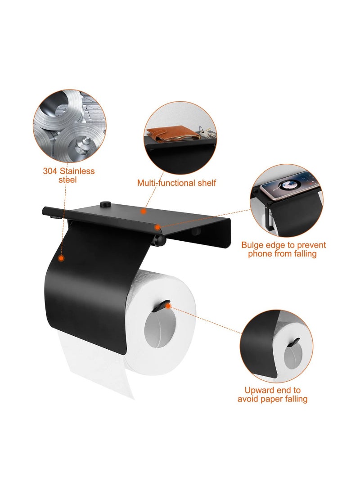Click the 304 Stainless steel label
click(68, 175)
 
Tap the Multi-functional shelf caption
click(176, 183)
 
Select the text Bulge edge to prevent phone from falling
click(283, 249)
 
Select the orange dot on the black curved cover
click(61, 258)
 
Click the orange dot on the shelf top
click(143, 211)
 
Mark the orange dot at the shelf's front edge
click(158, 228)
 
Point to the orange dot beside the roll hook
click(168, 306)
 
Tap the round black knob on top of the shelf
click(107, 205)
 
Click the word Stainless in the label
click(76, 171)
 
